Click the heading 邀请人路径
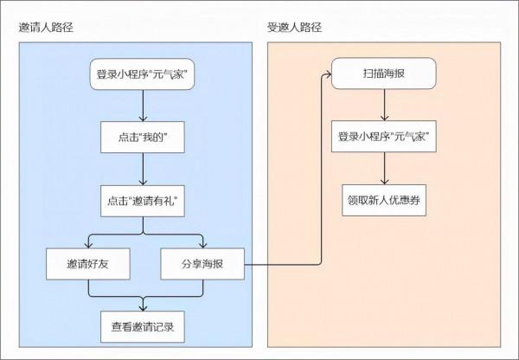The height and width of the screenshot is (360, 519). (x=45, y=27)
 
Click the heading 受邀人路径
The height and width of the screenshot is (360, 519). (x=294, y=27)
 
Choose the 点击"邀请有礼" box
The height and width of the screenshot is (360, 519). (x=142, y=201)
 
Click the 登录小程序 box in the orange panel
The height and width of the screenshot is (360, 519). (x=383, y=138)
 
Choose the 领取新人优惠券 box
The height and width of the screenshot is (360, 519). (x=383, y=200)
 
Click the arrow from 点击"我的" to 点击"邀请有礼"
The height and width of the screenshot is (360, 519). (x=142, y=169)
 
